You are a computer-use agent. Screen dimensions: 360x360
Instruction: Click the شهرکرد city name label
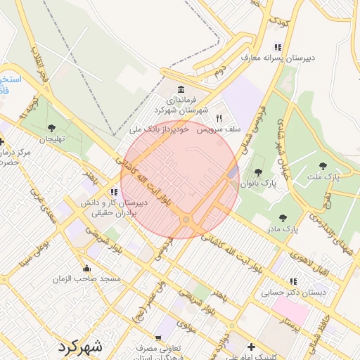click(81, 347)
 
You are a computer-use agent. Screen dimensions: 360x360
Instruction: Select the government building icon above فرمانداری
click(182, 91)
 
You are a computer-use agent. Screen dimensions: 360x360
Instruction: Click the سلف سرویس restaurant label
click(219, 130)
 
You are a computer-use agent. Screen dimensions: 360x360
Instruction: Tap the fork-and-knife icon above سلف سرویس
click(219, 118)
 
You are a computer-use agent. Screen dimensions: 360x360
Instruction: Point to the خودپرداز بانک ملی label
click(160, 130)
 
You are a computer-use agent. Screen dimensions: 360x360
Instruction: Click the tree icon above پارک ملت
click(323, 166)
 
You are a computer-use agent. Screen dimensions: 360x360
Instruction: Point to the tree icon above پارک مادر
click(283, 218)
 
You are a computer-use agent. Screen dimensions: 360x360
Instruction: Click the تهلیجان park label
click(51, 139)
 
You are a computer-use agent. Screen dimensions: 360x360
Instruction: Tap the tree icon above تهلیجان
click(51, 127)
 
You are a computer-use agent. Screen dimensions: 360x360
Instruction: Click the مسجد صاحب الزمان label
click(86, 279)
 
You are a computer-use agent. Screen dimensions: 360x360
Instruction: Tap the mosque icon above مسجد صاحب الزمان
click(86, 268)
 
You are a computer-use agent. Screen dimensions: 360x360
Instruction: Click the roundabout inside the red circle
click(186, 220)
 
